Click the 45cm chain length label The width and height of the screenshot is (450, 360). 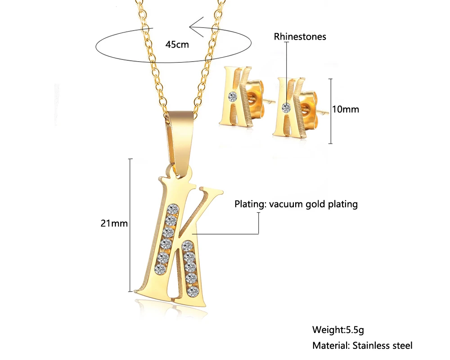177,44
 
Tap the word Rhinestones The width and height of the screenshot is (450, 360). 300,37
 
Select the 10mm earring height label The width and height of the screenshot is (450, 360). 346,109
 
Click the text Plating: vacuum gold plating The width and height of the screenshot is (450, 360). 296,204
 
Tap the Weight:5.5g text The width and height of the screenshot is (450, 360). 338,330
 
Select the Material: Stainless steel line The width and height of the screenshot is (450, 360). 362,346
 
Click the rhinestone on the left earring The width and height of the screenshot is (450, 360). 233,95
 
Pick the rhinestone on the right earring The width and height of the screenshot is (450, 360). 286,107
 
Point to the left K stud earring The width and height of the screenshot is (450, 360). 237,97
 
